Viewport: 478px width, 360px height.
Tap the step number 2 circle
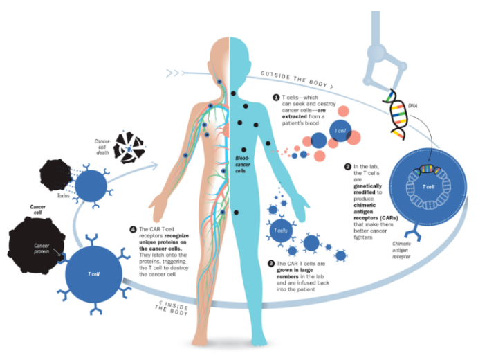tap(347, 167)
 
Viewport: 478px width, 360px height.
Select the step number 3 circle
tap(271, 264)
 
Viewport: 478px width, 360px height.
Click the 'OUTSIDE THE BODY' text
tap(296, 78)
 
